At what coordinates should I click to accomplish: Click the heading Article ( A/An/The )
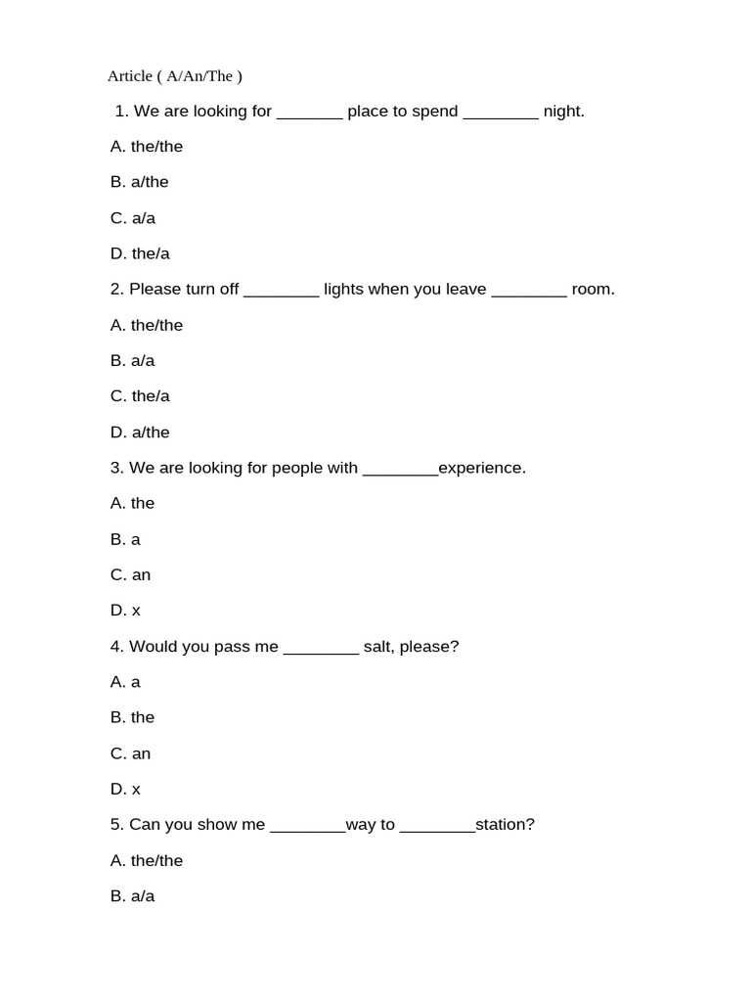174,75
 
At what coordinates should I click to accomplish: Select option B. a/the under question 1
139,182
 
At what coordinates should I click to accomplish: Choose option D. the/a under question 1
140,253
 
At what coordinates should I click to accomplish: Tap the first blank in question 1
310,114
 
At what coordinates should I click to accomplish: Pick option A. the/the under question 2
147,325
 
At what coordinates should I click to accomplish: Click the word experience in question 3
481,468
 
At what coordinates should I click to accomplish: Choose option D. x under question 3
125,611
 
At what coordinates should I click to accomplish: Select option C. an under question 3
130,574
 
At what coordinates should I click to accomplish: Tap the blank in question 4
321,649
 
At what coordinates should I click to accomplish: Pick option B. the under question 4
132,717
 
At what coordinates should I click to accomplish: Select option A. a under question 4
125,682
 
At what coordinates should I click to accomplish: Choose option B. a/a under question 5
132,896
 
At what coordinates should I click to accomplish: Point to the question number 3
116,468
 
